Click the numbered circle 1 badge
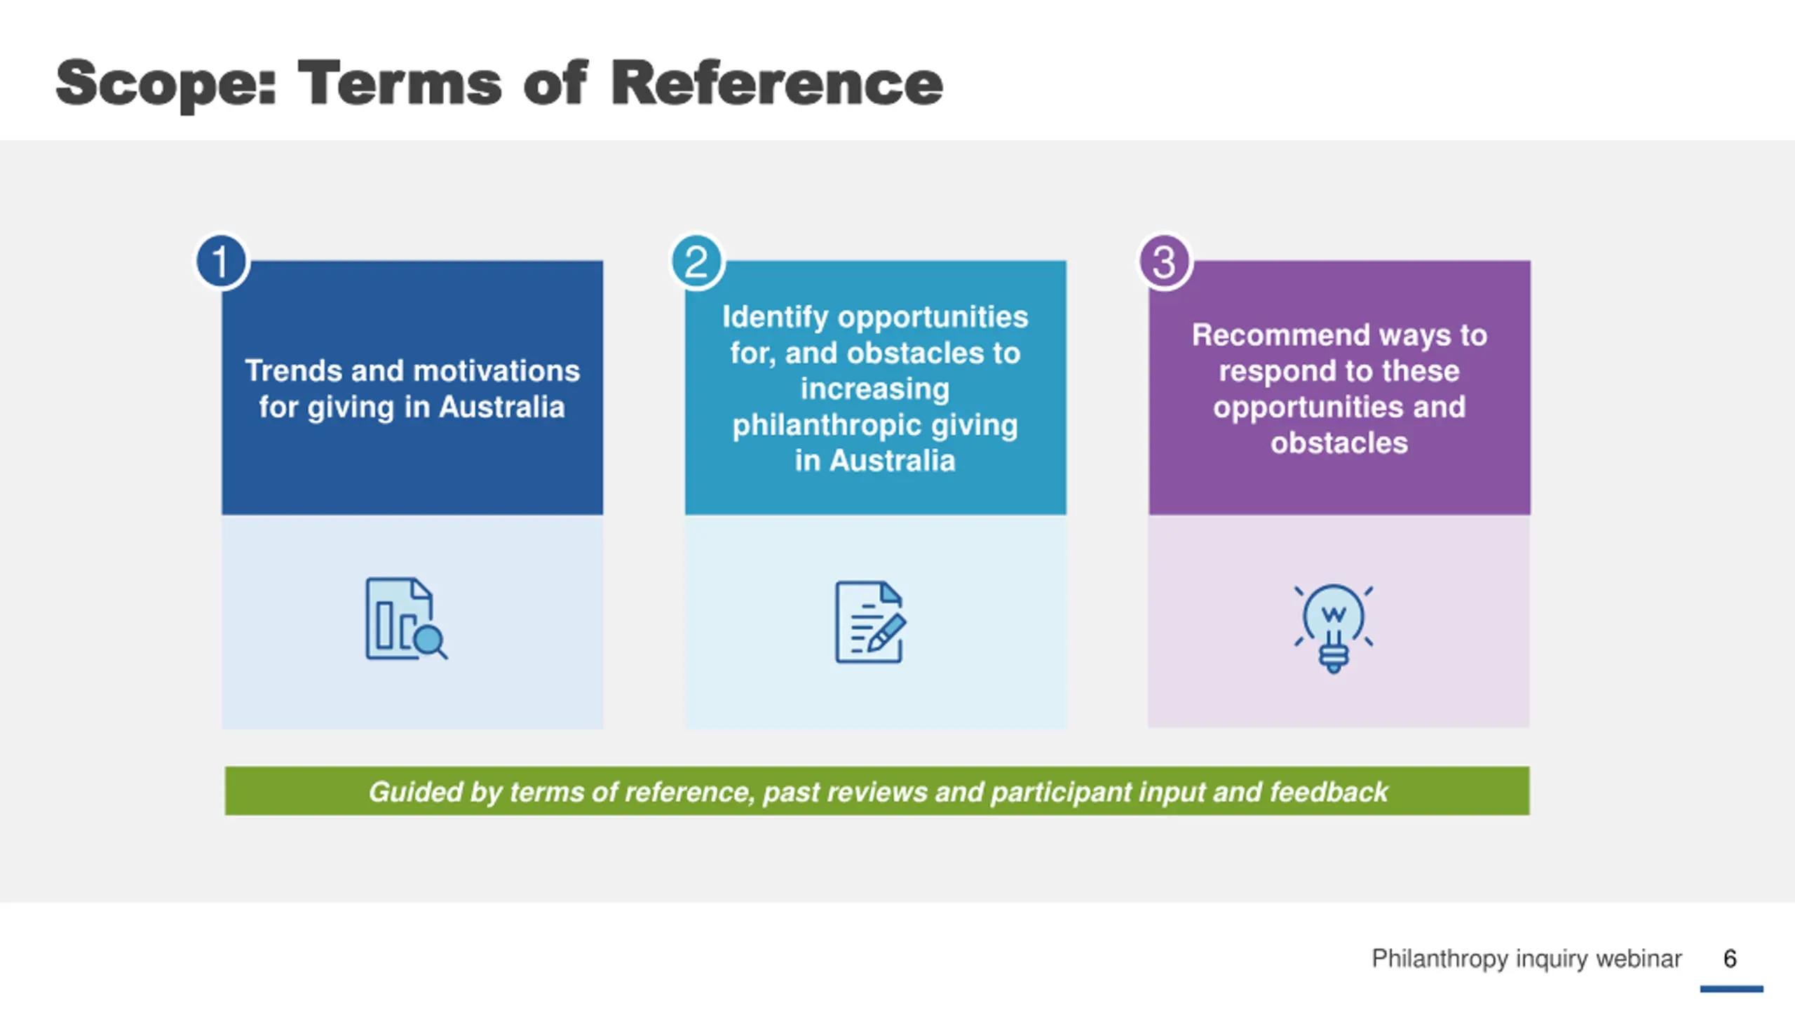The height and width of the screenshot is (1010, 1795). [x=221, y=262]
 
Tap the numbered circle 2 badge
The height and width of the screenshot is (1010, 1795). [x=696, y=262]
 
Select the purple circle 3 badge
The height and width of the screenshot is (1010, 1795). [x=1164, y=262]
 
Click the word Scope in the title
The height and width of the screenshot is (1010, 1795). [x=166, y=84]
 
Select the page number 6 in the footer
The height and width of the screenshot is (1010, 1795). [x=1730, y=958]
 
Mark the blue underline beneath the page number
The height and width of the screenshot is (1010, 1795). [x=1731, y=989]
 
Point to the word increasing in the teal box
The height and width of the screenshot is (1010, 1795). [x=875, y=389]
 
